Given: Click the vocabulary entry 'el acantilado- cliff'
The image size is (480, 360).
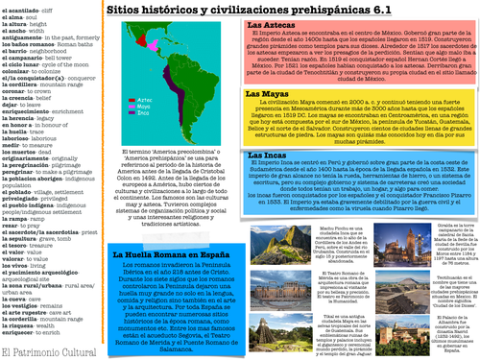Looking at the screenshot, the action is click(x=33, y=6).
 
